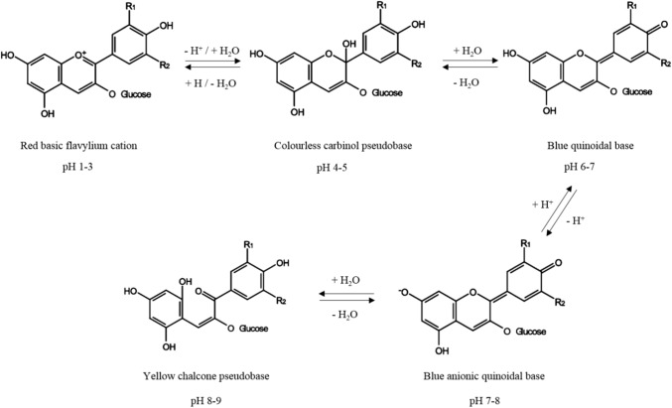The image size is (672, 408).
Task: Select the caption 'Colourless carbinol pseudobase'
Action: [x=331, y=145]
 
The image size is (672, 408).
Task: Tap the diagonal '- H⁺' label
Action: [x=574, y=223]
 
